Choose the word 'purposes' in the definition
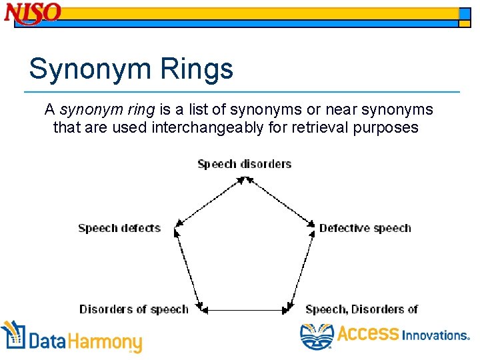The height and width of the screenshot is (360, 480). click(387, 127)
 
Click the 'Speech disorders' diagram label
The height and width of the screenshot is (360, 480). click(245, 164)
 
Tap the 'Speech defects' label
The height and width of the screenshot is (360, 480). click(119, 228)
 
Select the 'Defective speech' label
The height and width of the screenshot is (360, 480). click(365, 228)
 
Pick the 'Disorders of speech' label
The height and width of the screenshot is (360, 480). click(133, 309)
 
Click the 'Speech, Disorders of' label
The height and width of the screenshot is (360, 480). click(361, 309)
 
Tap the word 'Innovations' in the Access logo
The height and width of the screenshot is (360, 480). click(435, 335)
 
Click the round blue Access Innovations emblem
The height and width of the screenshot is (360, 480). click(316, 337)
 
